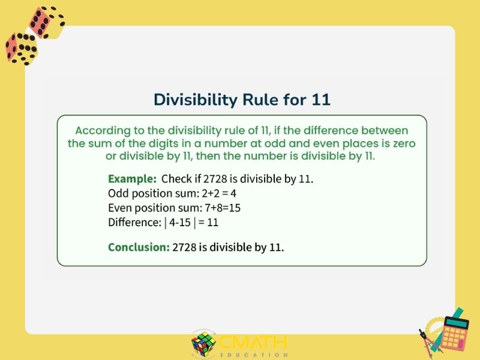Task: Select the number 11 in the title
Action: [321, 100]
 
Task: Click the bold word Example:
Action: [132, 179]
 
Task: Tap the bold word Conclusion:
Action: [139, 247]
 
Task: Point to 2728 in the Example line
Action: [215, 179]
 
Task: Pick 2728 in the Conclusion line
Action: [184, 247]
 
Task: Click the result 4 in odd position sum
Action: [233, 193]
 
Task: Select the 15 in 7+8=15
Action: [235, 208]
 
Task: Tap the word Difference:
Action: [134, 222]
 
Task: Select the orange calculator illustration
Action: [454, 334]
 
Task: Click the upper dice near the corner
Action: [47, 23]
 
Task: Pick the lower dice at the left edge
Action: [22, 49]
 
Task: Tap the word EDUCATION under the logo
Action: [254, 355]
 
